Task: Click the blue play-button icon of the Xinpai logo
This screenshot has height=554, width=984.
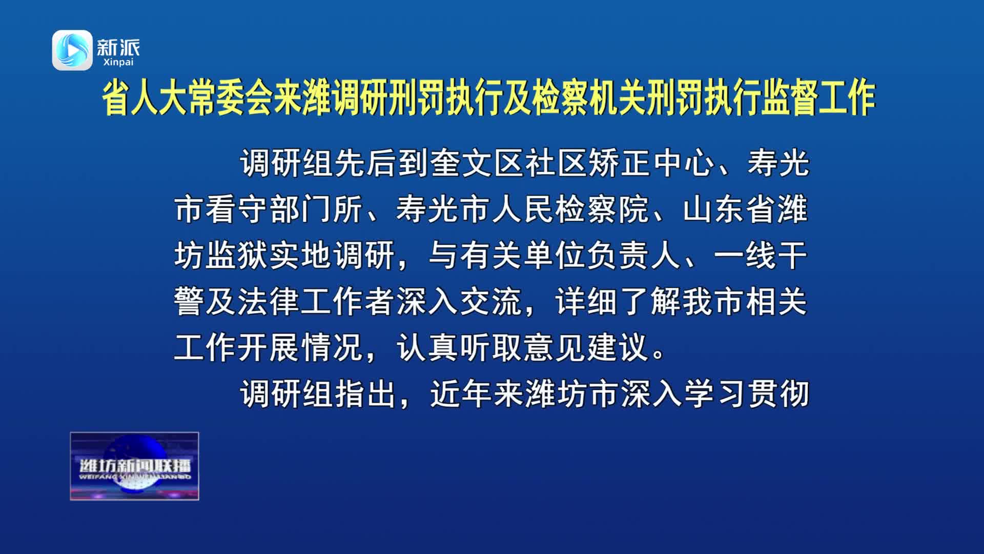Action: [72, 50]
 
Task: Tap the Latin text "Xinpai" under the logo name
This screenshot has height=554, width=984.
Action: [118, 62]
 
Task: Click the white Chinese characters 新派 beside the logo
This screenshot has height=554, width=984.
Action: [118, 47]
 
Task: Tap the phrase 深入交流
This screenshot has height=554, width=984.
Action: [459, 302]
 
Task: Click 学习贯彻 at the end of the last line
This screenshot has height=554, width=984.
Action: [747, 393]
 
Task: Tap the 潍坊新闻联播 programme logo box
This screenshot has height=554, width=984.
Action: [134, 466]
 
